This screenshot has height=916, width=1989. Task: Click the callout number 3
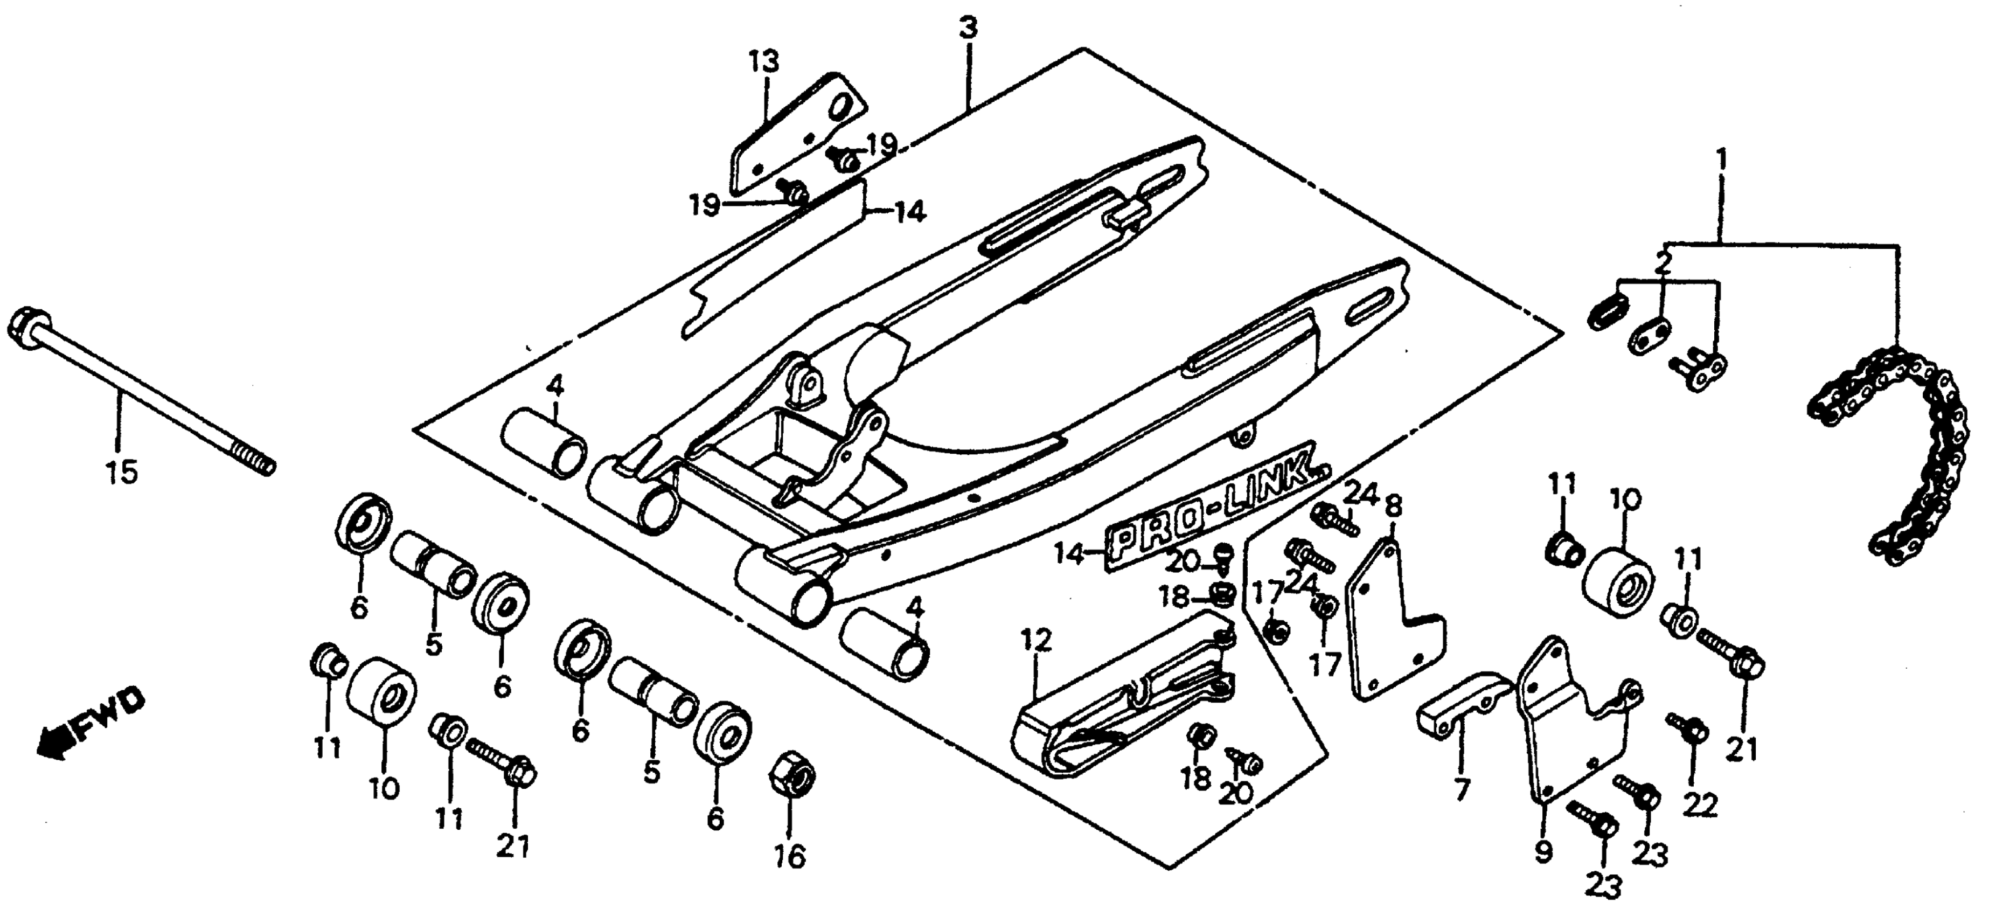pos(968,28)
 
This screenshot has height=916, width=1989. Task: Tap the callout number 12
pos(1035,640)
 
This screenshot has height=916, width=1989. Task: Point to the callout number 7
pos(1462,789)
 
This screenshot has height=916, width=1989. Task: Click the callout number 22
pos(1700,806)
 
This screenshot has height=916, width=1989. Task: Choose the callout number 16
pos(791,856)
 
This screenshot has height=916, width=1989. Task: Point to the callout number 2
pos(1664,262)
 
